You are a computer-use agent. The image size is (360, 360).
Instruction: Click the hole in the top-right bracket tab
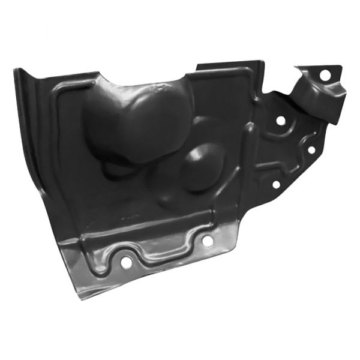coord(324,76)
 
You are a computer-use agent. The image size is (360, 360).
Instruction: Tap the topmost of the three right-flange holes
coord(280,121)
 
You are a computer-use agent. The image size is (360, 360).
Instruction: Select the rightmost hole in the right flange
coord(311,149)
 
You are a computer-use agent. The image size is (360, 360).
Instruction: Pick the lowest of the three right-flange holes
coord(276,184)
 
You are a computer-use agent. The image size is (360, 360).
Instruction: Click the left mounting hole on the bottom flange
coord(126,262)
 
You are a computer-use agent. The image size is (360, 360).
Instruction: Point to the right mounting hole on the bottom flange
coord(207,241)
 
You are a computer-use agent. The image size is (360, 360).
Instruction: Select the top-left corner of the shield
coord(16,71)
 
